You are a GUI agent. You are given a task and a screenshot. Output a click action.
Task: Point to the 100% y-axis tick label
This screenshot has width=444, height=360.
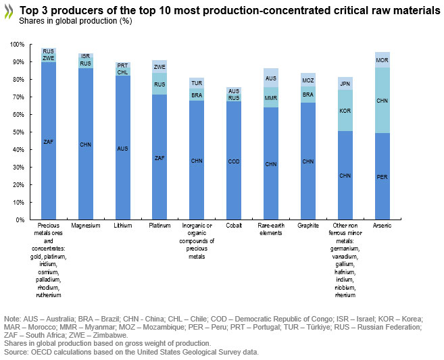tap(17, 45)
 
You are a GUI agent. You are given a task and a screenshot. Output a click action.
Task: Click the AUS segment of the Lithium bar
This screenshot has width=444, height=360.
tap(122, 149)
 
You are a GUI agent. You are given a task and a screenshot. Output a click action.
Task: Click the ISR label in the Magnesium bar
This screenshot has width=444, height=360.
tap(86, 56)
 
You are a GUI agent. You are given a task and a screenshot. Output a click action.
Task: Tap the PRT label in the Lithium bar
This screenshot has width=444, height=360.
tap(122, 65)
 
